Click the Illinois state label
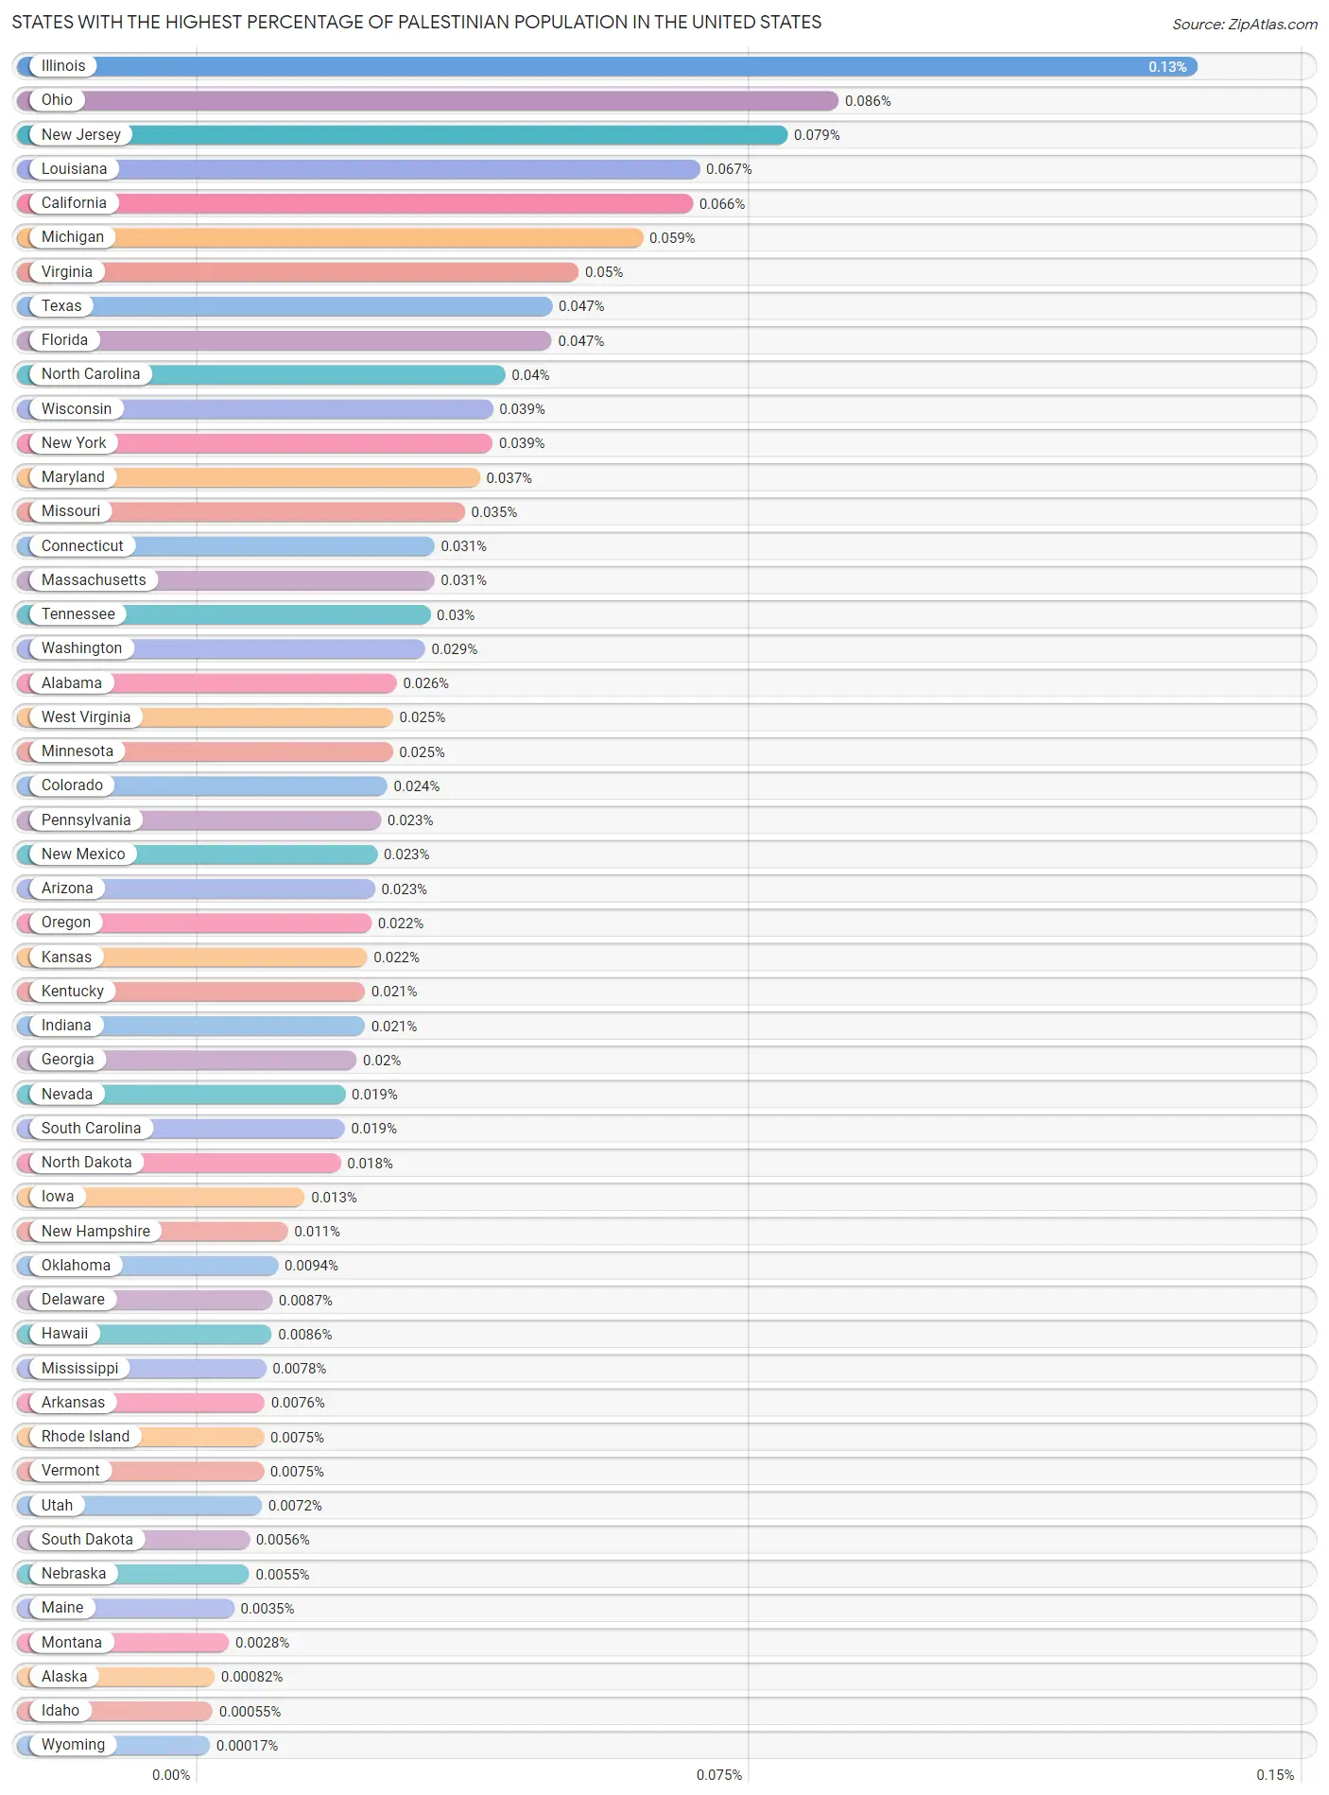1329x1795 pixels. click(63, 66)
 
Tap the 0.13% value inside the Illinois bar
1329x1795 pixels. click(1167, 67)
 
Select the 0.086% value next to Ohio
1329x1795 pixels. click(868, 101)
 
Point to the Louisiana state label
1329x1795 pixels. click(74, 169)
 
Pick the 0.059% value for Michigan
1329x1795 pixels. click(672, 238)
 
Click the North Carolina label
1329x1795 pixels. click(91, 374)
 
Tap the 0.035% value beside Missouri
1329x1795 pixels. click(494, 512)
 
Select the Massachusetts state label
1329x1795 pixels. click(94, 580)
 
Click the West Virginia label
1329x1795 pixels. click(86, 717)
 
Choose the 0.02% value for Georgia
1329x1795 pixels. click(382, 1061)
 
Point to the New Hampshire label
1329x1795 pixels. click(95, 1232)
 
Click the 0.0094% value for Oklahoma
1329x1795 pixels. click(311, 1266)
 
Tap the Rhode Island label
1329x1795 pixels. click(85, 1437)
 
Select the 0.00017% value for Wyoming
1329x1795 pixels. click(247, 1746)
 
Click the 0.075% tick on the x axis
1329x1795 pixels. click(719, 1775)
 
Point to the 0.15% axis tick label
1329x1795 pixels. click(1275, 1775)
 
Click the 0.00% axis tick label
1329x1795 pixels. click(171, 1775)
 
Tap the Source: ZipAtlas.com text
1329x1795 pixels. click(1244, 25)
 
